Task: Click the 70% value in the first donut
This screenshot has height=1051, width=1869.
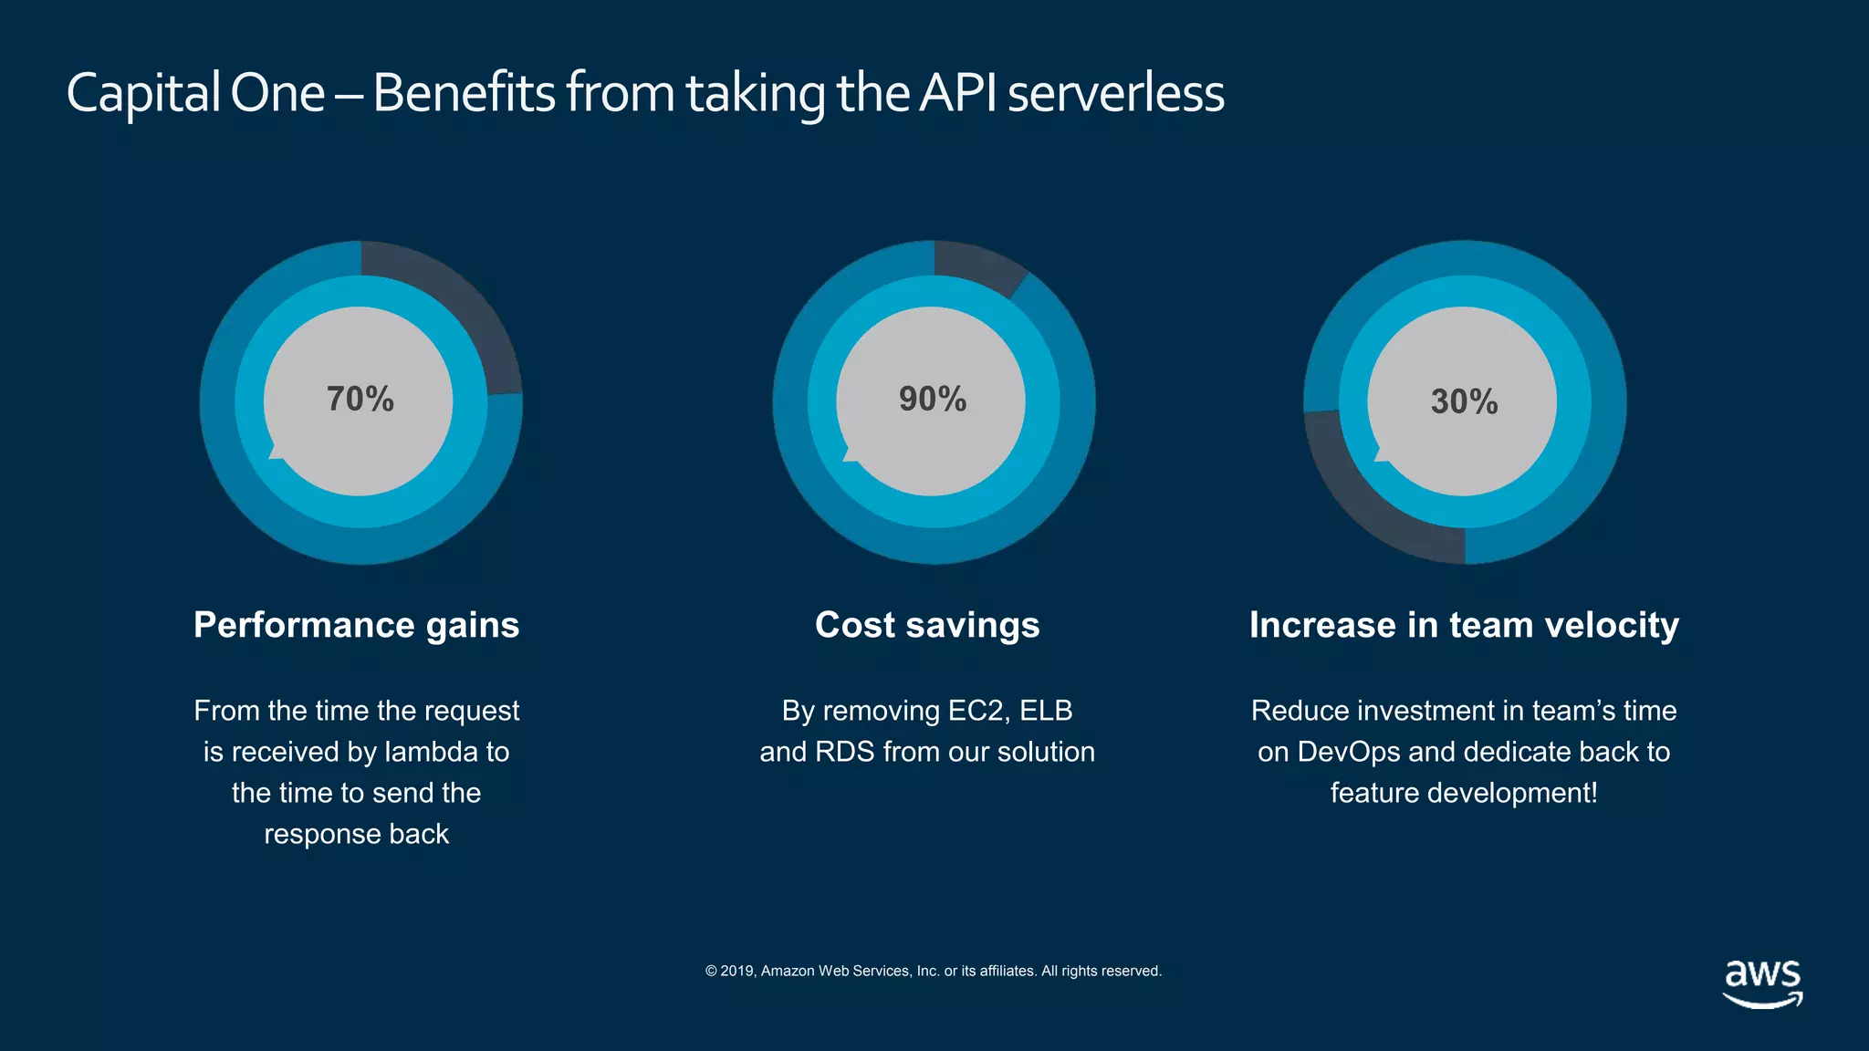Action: (x=360, y=400)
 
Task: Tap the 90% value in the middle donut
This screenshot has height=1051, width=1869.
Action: (x=933, y=400)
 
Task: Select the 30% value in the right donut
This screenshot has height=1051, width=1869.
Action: (x=1464, y=402)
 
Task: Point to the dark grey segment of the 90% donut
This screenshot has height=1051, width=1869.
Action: (x=976, y=265)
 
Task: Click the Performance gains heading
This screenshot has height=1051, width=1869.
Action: (x=356, y=625)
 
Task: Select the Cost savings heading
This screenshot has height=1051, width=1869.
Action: (x=927, y=625)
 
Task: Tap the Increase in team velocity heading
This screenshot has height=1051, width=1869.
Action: (x=1464, y=625)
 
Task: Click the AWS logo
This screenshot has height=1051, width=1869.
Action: (x=1762, y=983)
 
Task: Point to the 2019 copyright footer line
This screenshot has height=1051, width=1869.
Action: (x=933, y=971)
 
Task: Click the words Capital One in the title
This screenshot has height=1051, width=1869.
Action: (x=195, y=93)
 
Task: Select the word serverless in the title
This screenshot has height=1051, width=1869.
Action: (x=1115, y=93)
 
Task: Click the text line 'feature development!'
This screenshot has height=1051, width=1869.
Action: (x=1464, y=793)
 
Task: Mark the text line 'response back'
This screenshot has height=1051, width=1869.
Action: (x=356, y=834)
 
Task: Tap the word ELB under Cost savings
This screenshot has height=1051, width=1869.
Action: (x=1046, y=711)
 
